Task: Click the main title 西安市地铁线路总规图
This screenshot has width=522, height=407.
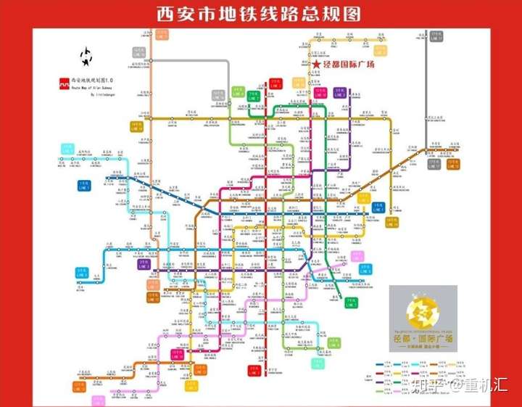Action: coord(261,14)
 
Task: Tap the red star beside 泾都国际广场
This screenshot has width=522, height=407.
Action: coord(316,65)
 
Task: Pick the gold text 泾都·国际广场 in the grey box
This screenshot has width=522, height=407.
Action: coord(423,338)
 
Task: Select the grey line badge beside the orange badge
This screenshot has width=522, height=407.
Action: coord(138,52)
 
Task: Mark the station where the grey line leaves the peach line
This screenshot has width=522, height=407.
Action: coord(150,60)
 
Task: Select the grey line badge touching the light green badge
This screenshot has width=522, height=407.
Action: coord(218,94)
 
